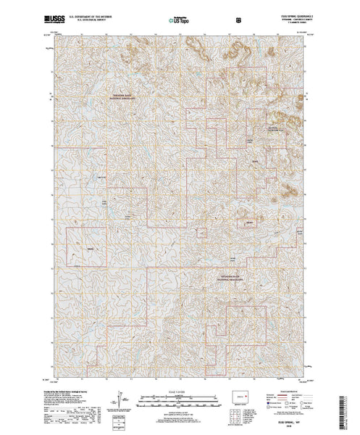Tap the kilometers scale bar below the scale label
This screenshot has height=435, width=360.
(x=179, y=397)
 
